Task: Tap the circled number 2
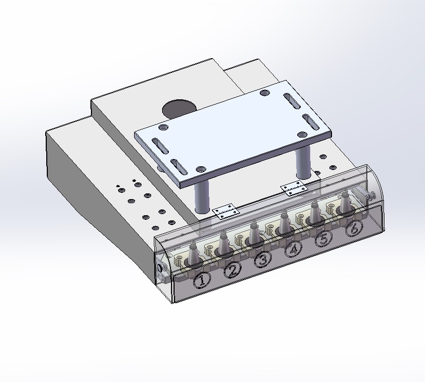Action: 232,270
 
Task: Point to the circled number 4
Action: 293,249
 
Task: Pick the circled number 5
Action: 323,239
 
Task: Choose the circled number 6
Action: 354,228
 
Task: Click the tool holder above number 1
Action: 193,254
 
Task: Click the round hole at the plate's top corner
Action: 265,93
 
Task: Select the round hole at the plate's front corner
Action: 201,169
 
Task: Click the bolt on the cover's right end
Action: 371,195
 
